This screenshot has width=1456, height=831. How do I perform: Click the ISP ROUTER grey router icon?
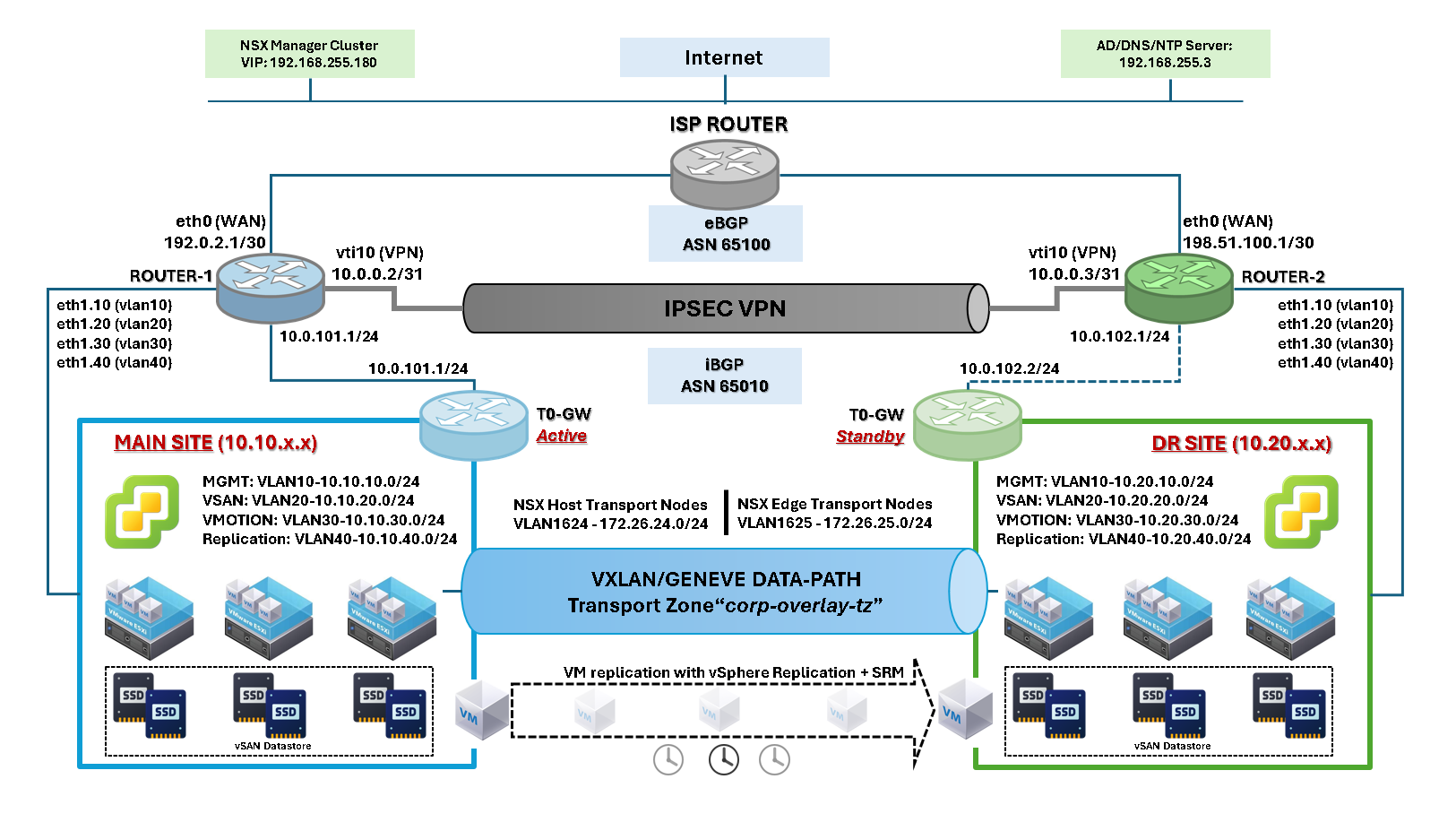tap(724, 174)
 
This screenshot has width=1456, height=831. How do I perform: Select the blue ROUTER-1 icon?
tap(270, 287)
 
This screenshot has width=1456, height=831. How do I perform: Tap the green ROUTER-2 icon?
tap(1178, 287)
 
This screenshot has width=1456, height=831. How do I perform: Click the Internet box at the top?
tap(724, 57)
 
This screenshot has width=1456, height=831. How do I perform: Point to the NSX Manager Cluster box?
tap(309, 54)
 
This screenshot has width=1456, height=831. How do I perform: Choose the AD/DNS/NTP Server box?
tap(1165, 54)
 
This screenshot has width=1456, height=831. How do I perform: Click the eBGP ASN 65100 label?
tap(726, 234)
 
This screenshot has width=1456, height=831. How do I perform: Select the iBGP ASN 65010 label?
tap(724, 376)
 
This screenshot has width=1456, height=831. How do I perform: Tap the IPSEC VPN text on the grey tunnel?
tap(724, 308)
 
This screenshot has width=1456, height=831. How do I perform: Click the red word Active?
tap(562, 436)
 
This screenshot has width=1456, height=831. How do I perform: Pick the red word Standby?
tap(870, 437)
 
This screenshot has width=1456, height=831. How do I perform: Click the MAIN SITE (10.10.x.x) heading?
tap(216, 443)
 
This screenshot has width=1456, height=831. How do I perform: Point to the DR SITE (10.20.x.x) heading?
tap(1241, 444)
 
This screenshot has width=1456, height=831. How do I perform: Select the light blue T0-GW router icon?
tap(473, 424)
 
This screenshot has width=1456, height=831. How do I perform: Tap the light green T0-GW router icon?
tap(967, 424)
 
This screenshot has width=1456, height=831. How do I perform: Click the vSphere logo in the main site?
tap(142, 512)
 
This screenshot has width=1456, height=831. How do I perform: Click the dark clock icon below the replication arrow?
tap(723, 759)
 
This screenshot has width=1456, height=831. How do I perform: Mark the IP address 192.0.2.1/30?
tap(215, 243)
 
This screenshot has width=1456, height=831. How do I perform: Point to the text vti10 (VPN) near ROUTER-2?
tap(1072, 253)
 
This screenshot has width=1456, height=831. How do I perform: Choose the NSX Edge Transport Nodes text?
tap(834, 504)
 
